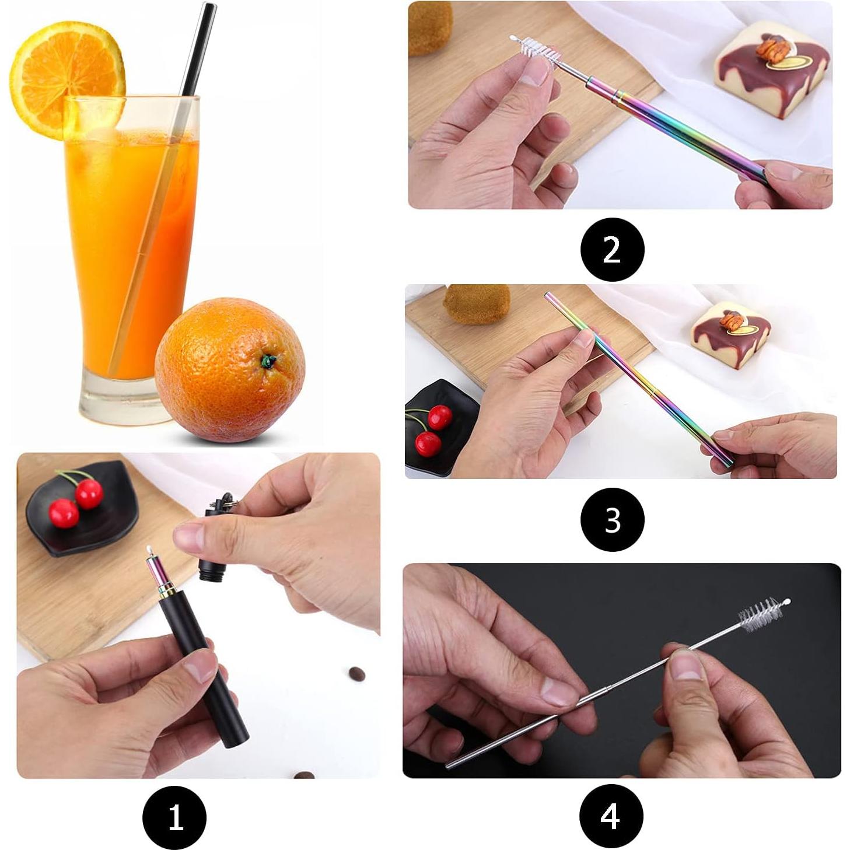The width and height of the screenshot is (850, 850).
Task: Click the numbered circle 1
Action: (x=174, y=817)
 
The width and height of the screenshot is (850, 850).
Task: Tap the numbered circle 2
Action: (x=612, y=250)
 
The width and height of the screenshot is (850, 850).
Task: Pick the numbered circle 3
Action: (x=612, y=519)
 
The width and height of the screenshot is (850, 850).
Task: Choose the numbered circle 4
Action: (x=611, y=817)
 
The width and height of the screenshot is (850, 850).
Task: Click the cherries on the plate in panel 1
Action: (x=76, y=502)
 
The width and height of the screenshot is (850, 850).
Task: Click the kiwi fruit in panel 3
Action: (x=476, y=303)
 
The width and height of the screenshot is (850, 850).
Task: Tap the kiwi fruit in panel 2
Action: (x=430, y=26)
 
